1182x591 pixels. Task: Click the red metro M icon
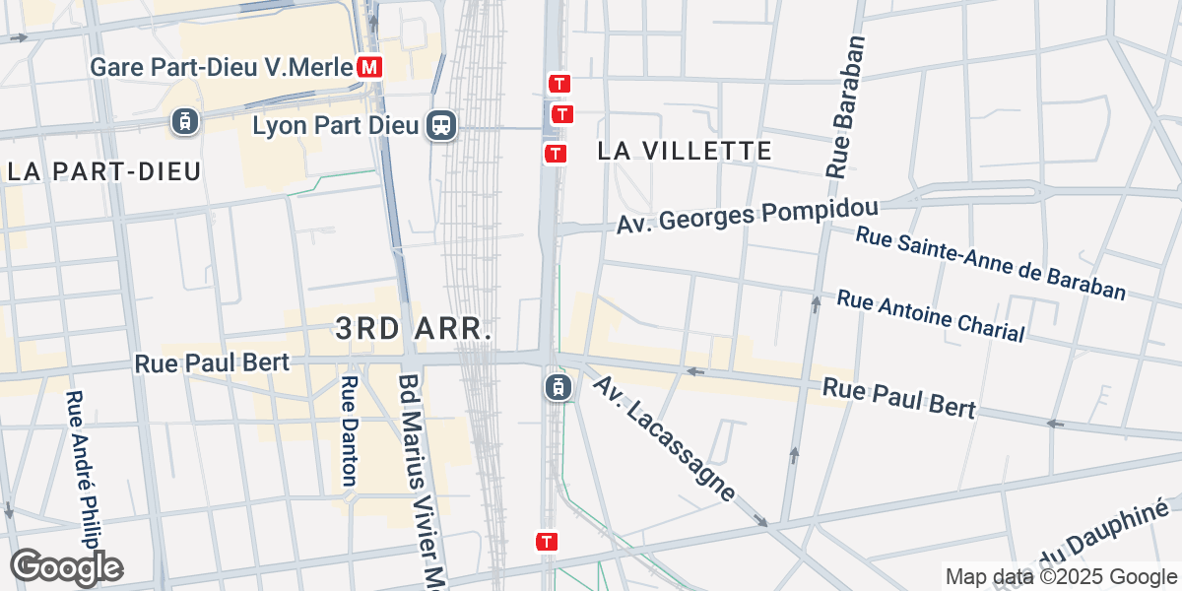[x=370, y=67]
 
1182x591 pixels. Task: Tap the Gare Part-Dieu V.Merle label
[x=221, y=67]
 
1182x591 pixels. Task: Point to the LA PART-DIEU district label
[x=104, y=170]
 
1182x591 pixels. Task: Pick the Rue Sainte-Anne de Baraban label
[x=990, y=263]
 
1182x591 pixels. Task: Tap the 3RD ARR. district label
[x=414, y=329]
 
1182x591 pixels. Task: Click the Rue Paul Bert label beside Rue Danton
[x=212, y=362]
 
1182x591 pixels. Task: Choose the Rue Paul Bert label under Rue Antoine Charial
[x=899, y=397]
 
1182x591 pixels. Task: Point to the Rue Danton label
[x=349, y=430]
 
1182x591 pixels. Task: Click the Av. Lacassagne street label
[x=664, y=438]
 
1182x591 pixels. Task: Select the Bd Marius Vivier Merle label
[x=420, y=478]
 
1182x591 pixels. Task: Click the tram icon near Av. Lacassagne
[x=558, y=387]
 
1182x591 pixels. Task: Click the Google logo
[x=66, y=567]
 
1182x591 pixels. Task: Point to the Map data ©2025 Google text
[x=1059, y=576]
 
